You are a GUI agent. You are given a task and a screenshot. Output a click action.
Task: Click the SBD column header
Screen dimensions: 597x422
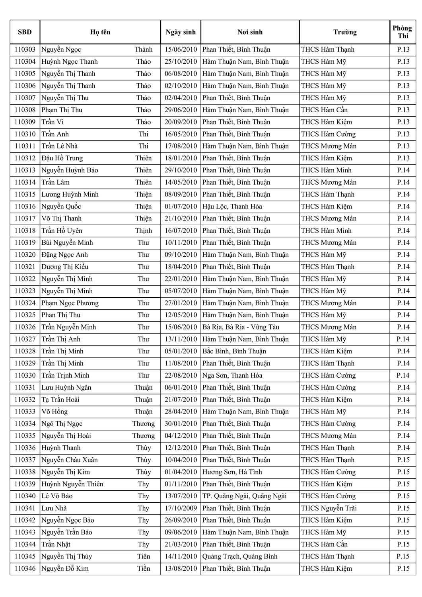click(25, 32)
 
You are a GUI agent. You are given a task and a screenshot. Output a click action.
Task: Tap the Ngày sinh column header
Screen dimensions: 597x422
click(181, 32)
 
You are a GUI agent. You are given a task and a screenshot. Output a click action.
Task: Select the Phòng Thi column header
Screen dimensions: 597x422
click(403, 32)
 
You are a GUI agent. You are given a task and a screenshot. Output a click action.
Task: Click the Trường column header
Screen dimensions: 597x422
click(344, 32)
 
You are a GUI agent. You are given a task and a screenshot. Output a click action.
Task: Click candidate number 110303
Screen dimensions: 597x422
click(25, 50)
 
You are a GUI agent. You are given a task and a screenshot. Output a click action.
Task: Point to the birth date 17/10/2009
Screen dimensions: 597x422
click(181, 508)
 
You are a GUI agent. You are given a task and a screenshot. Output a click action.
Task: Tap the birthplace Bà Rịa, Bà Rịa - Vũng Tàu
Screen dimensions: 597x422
click(241, 327)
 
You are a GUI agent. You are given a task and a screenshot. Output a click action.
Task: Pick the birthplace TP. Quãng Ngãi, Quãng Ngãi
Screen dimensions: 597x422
click(244, 496)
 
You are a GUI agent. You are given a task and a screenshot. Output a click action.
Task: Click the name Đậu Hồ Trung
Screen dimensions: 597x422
click(62, 158)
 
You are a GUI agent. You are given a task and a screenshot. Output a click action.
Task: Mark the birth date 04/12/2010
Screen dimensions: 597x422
click(181, 436)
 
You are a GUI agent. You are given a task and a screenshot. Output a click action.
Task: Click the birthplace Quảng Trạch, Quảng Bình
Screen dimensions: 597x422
click(240, 556)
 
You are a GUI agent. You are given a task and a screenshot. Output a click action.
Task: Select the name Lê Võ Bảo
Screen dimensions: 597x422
click(57, 496)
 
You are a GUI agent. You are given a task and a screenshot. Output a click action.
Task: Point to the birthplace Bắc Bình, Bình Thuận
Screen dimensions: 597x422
click(234, 351)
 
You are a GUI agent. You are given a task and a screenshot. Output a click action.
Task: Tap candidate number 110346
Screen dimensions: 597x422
click(25, 569)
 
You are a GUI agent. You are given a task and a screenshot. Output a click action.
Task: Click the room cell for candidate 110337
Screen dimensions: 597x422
click(403, 460)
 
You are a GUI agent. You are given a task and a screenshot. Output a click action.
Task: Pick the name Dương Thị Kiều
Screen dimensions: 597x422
click(65, 267)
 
